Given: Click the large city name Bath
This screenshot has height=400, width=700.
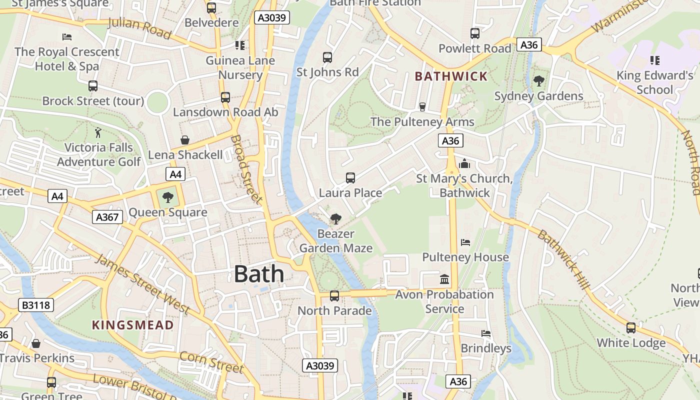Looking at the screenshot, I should pyautogui.click(x=259, y=274).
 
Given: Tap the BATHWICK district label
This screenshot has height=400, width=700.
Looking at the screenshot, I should pyautogui.click(x=451, y=76).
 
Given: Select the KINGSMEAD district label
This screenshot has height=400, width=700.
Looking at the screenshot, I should pyautogui.click(x=133, y=325).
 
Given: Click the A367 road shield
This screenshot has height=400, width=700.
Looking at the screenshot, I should pyautogui.click(x=107, y=216).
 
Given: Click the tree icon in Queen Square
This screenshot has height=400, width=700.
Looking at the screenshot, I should pyautogui.click(x=168, y=197).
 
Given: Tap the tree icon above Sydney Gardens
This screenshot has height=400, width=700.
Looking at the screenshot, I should pyautogui.click(x=539, y=80).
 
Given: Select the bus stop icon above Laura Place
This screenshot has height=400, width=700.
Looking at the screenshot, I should pyautogui.click(x=350, y=177).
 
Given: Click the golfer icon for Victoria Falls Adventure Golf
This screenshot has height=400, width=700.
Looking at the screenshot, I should pyautogui.click(x=98, y=132).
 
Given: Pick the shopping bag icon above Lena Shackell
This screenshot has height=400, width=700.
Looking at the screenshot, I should pyautogui.click(x=185, y=140).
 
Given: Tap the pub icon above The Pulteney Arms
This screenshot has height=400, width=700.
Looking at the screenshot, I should pyautogui.click(x=422, y=106).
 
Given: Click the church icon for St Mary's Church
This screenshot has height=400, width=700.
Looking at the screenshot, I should pyautogui.click(x=464, y=163).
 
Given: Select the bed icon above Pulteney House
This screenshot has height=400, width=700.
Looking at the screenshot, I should pyautogui.click(x=465, y=242).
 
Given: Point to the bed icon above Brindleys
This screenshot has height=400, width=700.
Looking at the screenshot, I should pyautogui.click(x=486, y=333).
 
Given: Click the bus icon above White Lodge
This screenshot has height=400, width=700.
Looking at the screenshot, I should pyautogui.click(x=631, y=328).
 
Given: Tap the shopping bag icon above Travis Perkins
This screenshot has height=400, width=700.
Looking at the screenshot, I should pyautogui.click(x=36, y=343).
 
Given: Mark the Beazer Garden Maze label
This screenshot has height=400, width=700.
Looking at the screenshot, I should pyautogui.click(x=336, y=241).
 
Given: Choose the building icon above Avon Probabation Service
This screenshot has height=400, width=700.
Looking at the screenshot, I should pyautogui.click(x=444, y=279).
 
